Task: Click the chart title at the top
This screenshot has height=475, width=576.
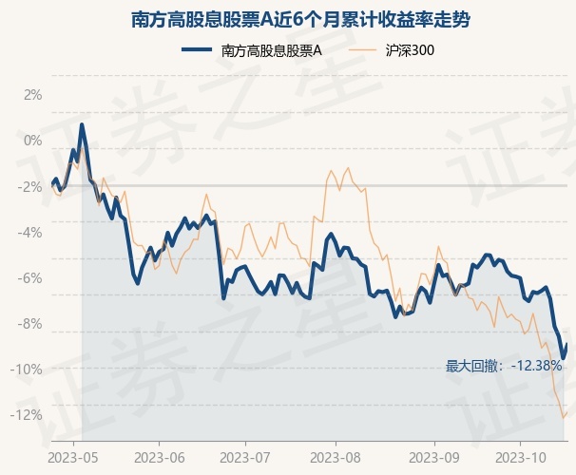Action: click(288, 19)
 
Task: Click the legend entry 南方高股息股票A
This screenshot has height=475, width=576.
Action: click(271, 51)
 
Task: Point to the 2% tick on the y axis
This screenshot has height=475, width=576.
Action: click(32, 95)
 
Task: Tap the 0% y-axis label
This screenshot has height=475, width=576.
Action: click(32, 141)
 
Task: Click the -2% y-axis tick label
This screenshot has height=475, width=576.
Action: click(30, 186)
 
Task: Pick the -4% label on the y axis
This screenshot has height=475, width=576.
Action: click(30, 232)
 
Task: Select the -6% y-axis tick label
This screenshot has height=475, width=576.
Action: click(30, 277)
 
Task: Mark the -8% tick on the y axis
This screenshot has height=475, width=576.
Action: click(30, 323)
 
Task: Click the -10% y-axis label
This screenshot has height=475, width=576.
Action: click(29, 369)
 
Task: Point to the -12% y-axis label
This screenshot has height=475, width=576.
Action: click(29, 414)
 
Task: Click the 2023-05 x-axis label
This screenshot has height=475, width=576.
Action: click(72, 456)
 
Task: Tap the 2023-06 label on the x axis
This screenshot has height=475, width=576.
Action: click(159, 456)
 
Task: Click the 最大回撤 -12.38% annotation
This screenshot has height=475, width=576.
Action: click(504, 365)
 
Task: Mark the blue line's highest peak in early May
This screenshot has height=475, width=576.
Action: click(82, 124)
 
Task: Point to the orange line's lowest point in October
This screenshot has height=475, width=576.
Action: click(564, 417)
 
